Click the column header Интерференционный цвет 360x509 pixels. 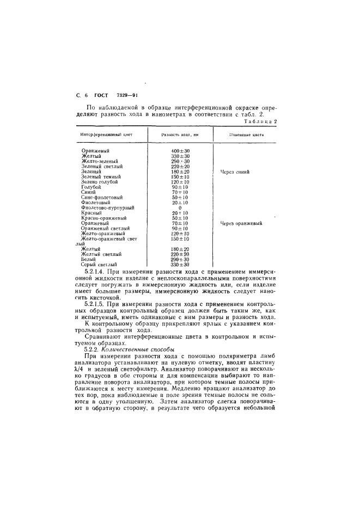tap(106, 134)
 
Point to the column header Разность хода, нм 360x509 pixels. tap(179, 134)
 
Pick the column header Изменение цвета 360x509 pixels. tap(246, 134)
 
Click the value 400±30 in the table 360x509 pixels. tap(180, 150)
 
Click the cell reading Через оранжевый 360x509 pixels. tap(241, 223)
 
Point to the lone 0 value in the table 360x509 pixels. tap(180, 207)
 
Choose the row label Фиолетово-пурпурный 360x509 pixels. tap(107, 207)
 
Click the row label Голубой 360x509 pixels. tap(90, 187)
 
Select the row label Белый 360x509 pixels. tap(88, 259)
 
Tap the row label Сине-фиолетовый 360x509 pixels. tap(101, 197)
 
